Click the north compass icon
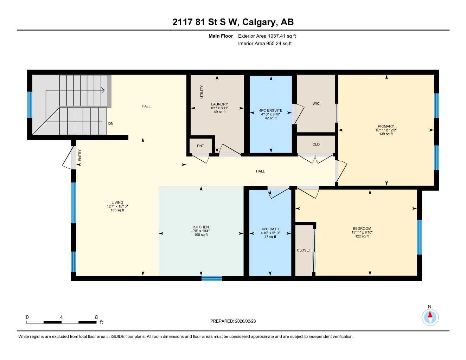point(430,317)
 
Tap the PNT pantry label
point(200,146)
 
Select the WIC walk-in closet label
point(316,103)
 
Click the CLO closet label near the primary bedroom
point(316,144)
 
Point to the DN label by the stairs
point(111,124)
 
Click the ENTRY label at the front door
point(80,155)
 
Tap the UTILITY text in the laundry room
point(202,92)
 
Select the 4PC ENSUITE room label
point(270,110)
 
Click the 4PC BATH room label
point(270,229)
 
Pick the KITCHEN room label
point(201,227)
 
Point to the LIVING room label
point(117,202)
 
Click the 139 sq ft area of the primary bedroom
point(386,134)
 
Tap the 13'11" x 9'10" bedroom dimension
point(362,232)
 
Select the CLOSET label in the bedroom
point(304,250)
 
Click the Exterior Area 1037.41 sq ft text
point(267,36)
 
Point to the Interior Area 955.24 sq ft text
point(265,44)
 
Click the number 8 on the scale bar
point(96,317)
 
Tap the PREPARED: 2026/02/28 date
point(233,321)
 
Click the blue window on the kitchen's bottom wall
point(212,278)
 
